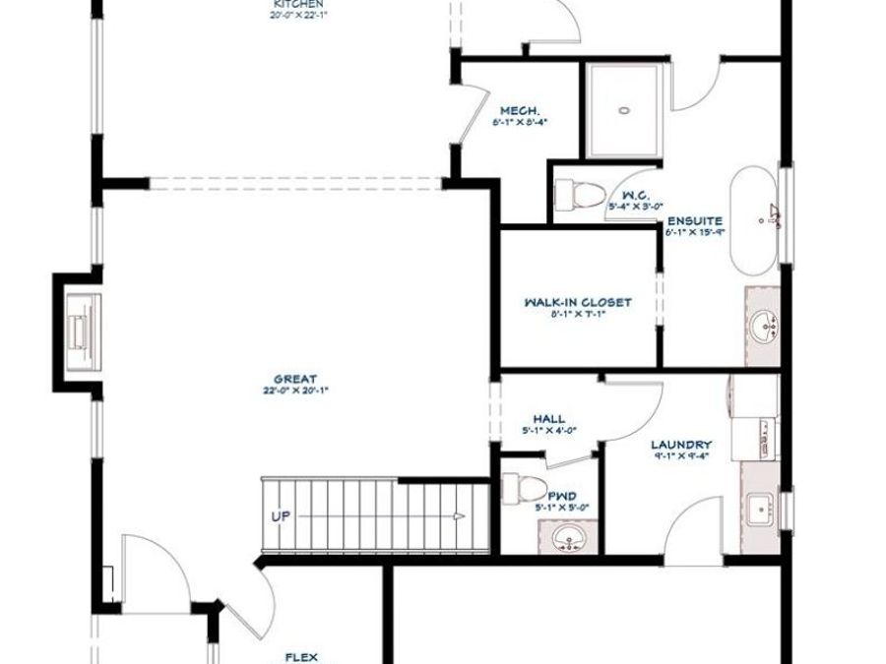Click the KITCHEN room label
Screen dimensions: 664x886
pyautogui.click(x=297, y=4)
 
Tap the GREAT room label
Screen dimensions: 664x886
pyautogui.click(x=296, y=378)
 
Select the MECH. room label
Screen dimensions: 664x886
pyautogui.click(x=518, y=110)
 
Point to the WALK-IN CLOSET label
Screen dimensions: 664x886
pyautogui.click(x=578, y=303)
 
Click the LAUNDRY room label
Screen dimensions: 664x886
pyautogui.click(x=681, y=445)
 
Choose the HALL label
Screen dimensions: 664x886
pyautogui.click(x=548, y=418)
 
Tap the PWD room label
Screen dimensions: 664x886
pyautogui.click(x=562, y=497)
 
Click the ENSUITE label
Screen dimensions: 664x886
pyautogui.click(x=695, y=221)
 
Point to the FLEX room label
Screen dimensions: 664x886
pyautogui.click(x=300, y=656)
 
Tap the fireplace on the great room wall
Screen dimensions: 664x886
pyautogui.click(x=79, y=324)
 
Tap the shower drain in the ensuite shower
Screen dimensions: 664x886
pyautogui.click(x=623, y=110)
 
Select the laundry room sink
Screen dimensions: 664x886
pyautogui.click(x=760, y=511)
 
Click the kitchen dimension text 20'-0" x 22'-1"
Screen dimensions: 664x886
pyautogui.click(x=297, y=15)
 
